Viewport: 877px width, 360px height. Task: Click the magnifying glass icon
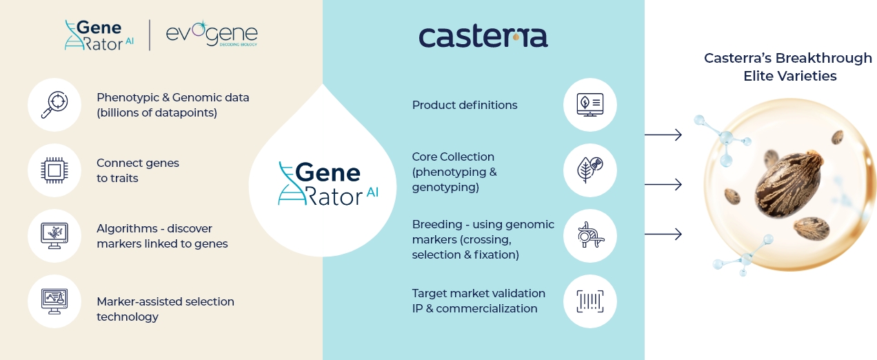pos(54,105)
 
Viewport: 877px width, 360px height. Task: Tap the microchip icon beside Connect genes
pos(54,170)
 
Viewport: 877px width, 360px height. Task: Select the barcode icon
pos(590,301)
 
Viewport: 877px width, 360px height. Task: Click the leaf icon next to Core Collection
pos(590,170)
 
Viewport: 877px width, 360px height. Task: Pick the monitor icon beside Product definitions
pos(590,105)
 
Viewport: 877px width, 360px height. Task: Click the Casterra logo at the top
pos(483,36)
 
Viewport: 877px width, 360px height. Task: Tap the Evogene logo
pos(212,34)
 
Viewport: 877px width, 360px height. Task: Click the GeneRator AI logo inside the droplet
pos(328,183)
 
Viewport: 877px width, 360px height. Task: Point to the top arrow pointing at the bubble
pos(663,134)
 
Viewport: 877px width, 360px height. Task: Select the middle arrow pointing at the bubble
pos(663,184)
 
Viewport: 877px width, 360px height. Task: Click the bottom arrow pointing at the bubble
pos(663,234)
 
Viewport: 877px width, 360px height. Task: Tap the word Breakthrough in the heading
pos(824,59)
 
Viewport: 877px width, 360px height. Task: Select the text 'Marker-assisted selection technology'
pos(165,309)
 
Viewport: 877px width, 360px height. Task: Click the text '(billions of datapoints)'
pos(157,113)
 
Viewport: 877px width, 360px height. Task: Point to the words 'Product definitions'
pos(465,105)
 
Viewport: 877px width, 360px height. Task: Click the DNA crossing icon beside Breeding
pos(590,235)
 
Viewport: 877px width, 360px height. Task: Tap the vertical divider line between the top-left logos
pos(150,35)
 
